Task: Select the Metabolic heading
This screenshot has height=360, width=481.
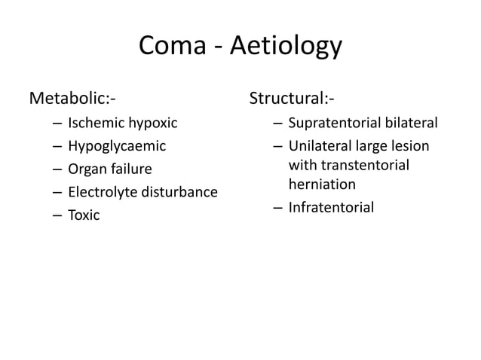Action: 72,98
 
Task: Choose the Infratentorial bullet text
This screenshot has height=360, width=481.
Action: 330,206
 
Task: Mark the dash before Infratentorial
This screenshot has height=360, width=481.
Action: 277,207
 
